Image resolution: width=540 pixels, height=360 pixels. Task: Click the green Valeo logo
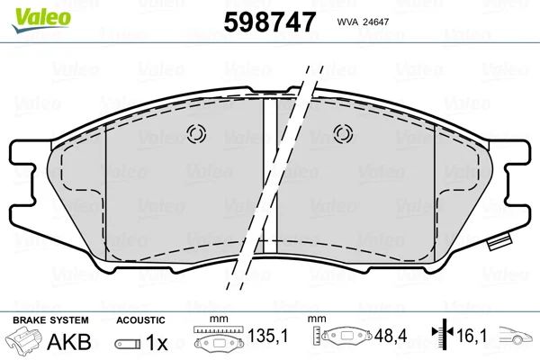point(41,20)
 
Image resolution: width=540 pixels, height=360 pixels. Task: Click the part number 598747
point(270,22)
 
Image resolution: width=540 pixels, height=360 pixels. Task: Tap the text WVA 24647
point(363,22)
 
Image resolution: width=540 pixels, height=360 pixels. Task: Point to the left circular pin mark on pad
point(196,134)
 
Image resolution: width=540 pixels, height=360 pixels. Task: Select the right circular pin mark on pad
point(343,134)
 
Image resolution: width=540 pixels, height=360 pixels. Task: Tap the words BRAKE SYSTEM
point(50,320)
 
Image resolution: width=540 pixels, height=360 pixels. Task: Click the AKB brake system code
point(69,342)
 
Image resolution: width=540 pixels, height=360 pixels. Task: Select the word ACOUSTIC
point(140,320)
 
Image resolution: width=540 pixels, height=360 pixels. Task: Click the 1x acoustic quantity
point(157,342)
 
